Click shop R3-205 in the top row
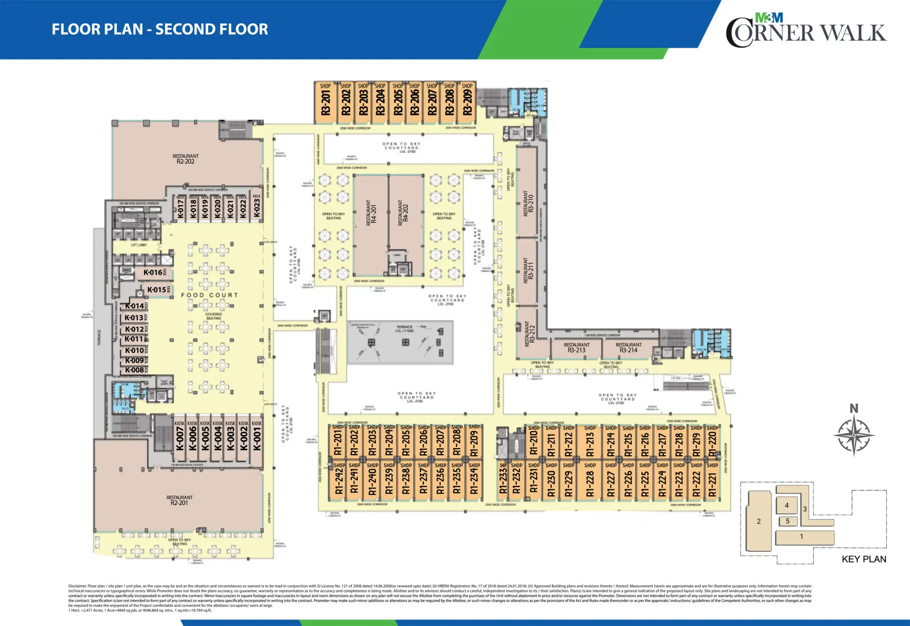click(x=398, y=103)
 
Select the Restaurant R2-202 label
click(x=185, y=159)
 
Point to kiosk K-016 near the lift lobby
click(x=153, y=273)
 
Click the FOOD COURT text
click(x=210, y=295)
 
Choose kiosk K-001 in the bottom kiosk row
click(x=257, y=439)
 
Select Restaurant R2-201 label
click(x=179, y=500)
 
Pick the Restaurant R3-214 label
click(x=628, y=348)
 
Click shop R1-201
click(x=338, y=443)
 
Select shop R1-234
click(x=474, y=481)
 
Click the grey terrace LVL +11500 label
click(x=404, y=329)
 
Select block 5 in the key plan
click(x=788, y=521)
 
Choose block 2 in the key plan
click(x=758, y=521)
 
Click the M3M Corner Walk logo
click(x=805, y=30)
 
